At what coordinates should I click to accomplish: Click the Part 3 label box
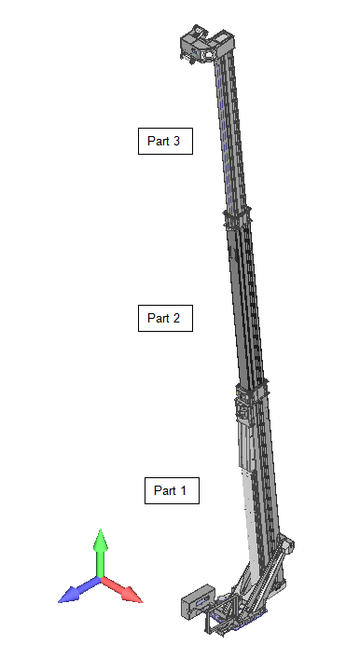(x=165, y=142)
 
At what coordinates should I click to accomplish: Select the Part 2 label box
(x=165, y=318)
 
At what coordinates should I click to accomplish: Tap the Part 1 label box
(x=172, y=490)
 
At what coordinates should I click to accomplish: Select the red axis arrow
(x=122, y=590)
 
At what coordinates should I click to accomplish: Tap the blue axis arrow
(x=79, y=590)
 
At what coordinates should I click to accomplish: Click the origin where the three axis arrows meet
(x=101, y=579)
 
